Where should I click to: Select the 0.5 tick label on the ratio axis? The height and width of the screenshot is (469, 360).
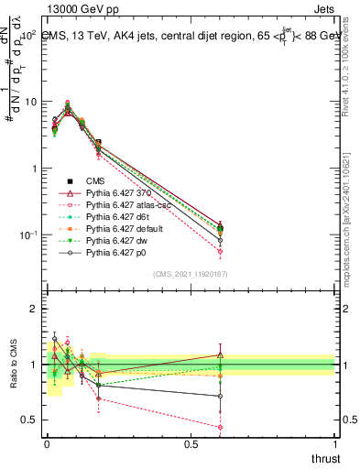[28, 420]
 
